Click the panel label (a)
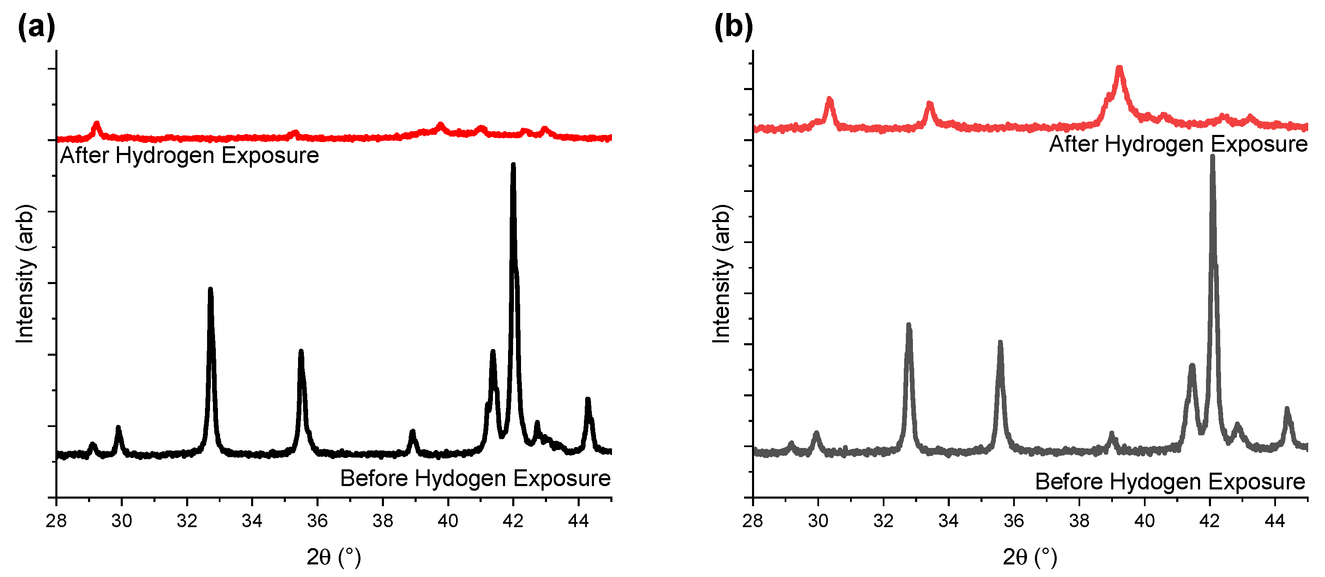(x=36, y=27)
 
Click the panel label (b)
(x=733, y=27)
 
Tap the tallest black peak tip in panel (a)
(x=513, y=165)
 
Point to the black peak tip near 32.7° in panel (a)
(x=210, y=290)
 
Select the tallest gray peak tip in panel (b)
(x=1212, y=156)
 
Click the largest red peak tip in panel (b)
(x=1119, y=68)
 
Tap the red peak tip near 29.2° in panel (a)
(x=96, y=124)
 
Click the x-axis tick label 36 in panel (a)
(x=317, y=521)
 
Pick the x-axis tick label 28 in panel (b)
(x=752, y=521)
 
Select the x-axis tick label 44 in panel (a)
(x=578, y=521)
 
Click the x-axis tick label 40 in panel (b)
(x=1144, y=521)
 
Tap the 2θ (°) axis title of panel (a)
(x=334, y=557)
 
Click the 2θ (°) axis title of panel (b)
(x=1030, y=557)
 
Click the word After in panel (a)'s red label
(x=84, y=155)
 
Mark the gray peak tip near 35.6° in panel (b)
(x=1000, y=342)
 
